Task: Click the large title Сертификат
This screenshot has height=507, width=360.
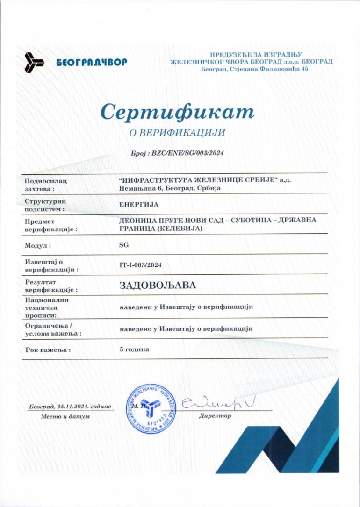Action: tap(177, 112)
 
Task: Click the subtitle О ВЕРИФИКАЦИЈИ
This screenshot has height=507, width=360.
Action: tap(177, 133)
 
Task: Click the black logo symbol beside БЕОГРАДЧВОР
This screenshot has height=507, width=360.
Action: tap(34, 62)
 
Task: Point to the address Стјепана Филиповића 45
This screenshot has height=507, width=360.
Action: tap(268, 69)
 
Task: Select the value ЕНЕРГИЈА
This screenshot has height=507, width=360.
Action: tap(139, 204)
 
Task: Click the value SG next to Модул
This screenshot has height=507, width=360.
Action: tap(124, 244)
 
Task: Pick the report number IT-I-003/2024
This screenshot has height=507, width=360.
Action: tap(140, 265)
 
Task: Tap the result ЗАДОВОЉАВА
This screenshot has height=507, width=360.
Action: tap(158, 285)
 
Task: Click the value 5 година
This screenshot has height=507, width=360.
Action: tap(135, 349)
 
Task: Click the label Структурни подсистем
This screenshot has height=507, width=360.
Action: tap(46, 205)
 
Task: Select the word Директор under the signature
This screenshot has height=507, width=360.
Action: tap(215, 415)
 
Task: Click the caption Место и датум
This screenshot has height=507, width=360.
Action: tap(65, 416)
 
